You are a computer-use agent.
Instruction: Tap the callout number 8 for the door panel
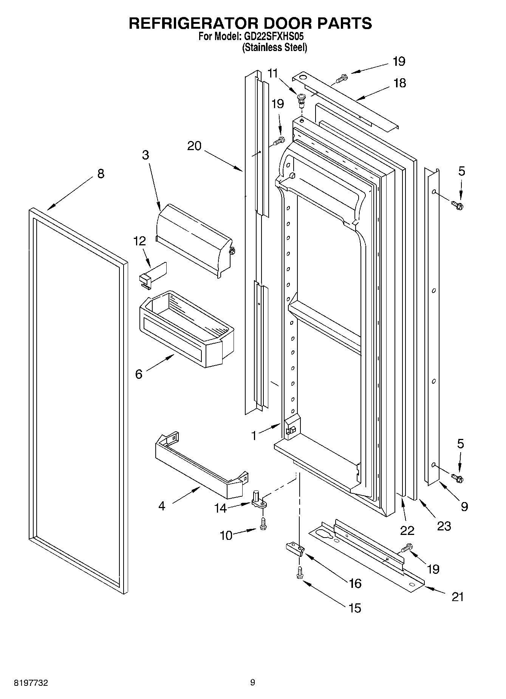pos(101,174)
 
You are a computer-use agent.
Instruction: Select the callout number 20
pos(194,146)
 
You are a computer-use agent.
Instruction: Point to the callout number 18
pos(399,83)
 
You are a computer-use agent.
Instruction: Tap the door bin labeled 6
pos(187,329)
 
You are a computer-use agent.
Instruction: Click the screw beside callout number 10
pos(263,524)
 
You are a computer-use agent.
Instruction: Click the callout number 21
pos(458,597)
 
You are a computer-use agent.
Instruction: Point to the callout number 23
pos(444,525)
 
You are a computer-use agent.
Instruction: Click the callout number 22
pos(407,530)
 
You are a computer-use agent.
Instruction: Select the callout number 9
pos(464,506)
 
